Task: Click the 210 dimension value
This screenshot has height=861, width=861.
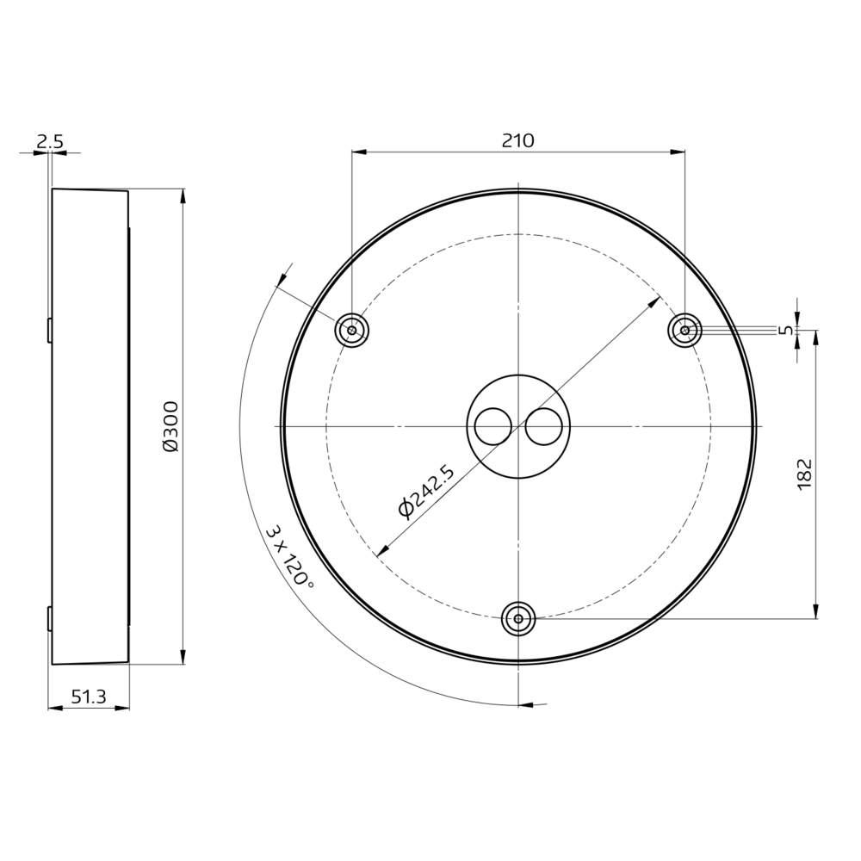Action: pyautogui.click(x=517, y=140)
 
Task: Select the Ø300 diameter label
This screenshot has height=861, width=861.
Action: pyautogui.click(x=171, y=427)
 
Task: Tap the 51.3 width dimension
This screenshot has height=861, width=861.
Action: pyautogui.click(x=89, y=697)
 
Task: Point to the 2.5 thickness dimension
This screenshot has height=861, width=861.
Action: pyautogui.click(x=50, y=142)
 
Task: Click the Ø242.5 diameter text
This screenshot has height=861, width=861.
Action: pyautogui.click(x=427, y=491)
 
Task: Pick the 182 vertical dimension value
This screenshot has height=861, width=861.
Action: pyautogui.click(x=804, y=474)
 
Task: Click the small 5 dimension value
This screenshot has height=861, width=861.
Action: pyautogui.click(x=786, y=330)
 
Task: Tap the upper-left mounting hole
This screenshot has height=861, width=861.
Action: pyautogui.click(x=351, y=331)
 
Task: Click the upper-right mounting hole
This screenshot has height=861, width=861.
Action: pyautogui.click(x=684, y=330)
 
